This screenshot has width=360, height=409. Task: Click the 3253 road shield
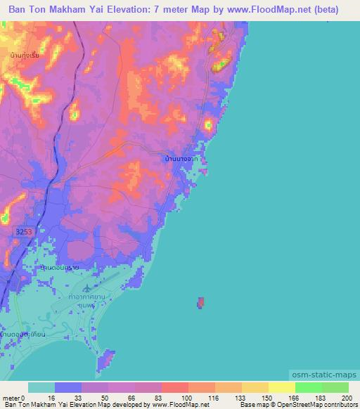pyautogui.click(x=22, y=231)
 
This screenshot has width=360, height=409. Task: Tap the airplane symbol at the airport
pyautogui.click(x=86, y=287)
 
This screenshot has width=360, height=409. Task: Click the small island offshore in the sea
pyautogui.click(x=200, y=303)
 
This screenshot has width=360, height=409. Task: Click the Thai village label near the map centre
pyautogui.click(x=186, y=160)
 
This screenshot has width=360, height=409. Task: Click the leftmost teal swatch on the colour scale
pyautogui.click(x=41, y=387)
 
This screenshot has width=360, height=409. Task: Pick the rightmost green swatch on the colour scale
pyautogui.click(x=335, y=387)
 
